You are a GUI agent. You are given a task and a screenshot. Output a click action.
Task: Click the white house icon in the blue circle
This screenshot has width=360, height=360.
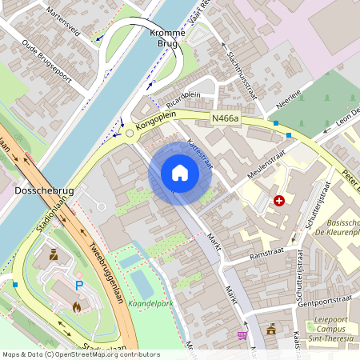click(x=180, y=172)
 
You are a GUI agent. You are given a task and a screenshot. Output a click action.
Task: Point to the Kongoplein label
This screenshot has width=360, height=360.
click(x=155, y=126)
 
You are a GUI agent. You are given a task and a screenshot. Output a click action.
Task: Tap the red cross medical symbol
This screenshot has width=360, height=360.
click(x=278, y=201)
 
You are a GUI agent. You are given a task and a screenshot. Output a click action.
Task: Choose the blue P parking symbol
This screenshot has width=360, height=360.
click(x=79, y=285)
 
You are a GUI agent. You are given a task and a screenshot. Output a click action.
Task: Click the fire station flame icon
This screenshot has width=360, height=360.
click(x=76, y=306)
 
